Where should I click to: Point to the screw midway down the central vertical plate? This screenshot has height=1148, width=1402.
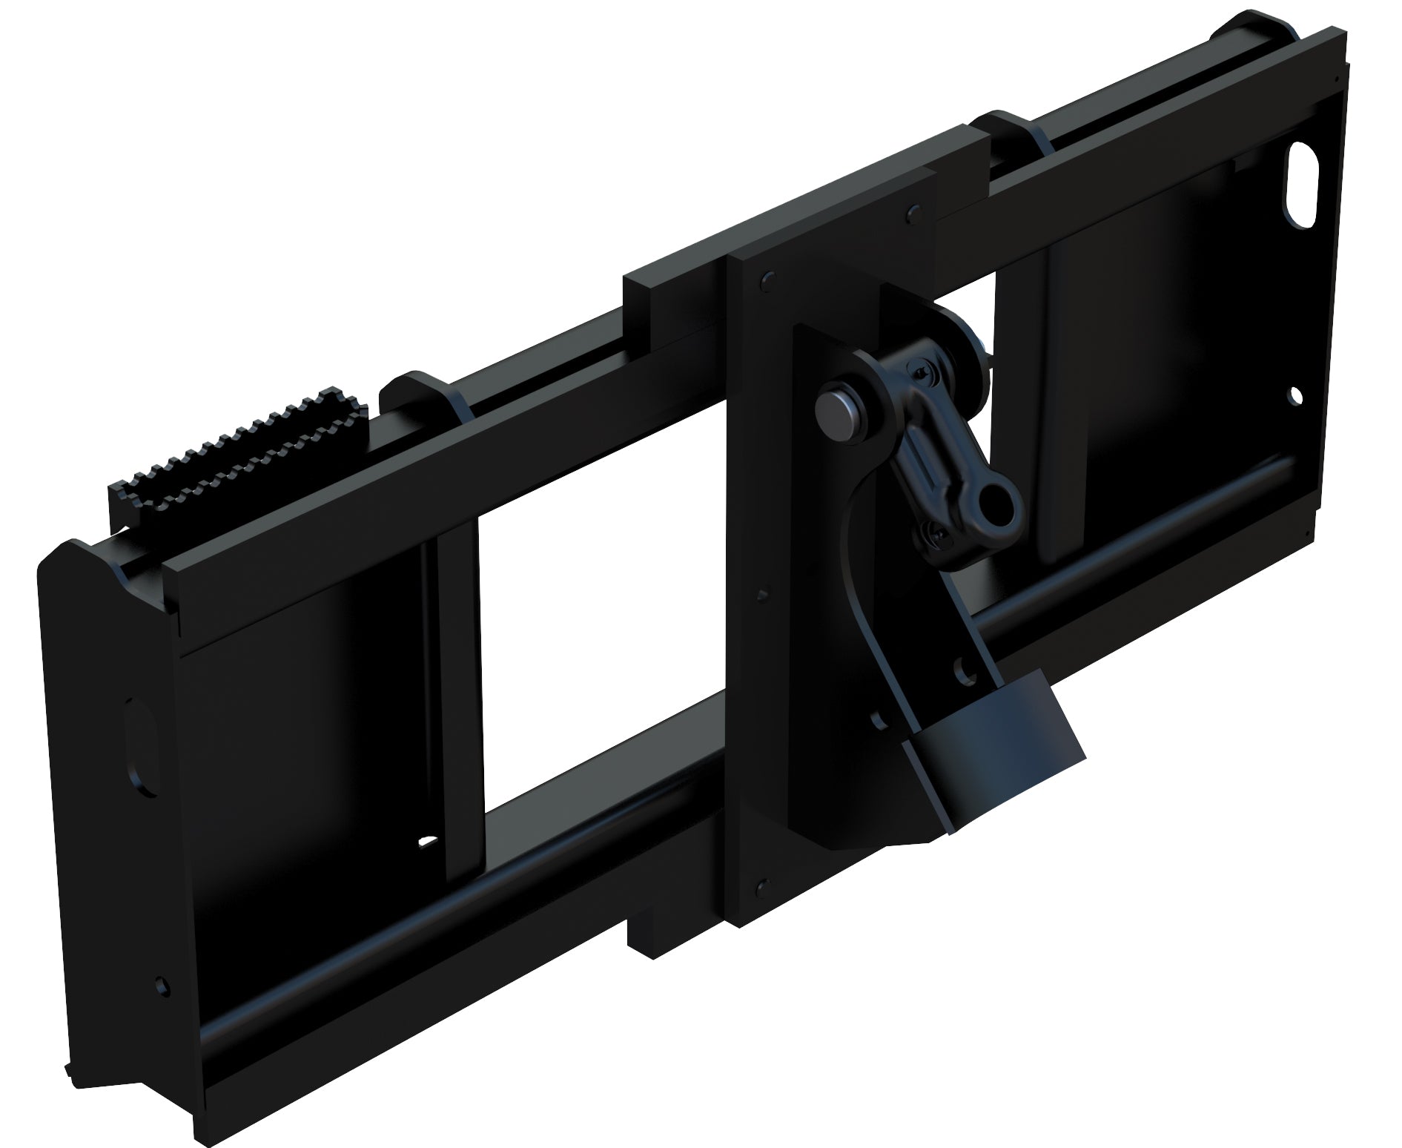[x=763, y=594]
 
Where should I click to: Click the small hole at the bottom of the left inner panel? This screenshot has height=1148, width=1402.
[x=428, y=842]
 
